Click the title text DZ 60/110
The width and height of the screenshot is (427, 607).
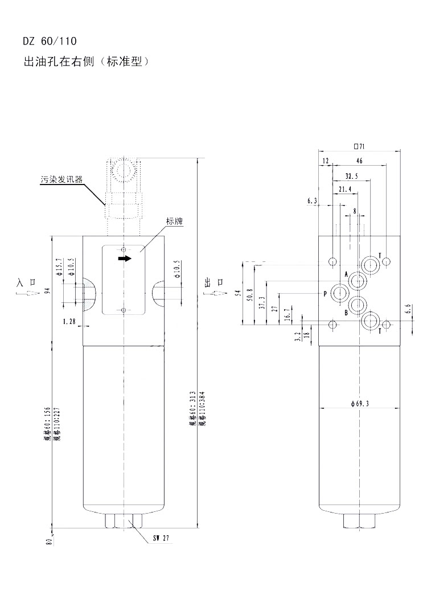(48, 41)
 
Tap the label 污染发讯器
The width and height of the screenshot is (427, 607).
(61, 179)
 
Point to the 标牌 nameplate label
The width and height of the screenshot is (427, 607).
(177, 221)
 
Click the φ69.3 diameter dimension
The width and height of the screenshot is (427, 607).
(360, 404)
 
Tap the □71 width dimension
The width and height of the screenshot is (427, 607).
(359, 146)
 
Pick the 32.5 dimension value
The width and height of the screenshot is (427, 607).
(351, 176)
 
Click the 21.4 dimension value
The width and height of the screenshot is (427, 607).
(345, 189)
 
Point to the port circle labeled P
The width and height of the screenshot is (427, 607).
(341, 294)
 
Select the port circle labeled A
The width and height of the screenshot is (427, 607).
(358, 280)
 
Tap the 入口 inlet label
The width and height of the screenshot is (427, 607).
(27, 282)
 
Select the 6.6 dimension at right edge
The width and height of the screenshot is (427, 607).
(407, 309)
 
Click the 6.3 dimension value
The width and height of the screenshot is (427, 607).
(312, 201)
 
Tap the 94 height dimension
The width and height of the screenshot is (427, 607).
(49, 291)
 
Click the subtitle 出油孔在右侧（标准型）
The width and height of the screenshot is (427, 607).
(86, 61)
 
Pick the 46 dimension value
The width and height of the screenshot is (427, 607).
(359, 161)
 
